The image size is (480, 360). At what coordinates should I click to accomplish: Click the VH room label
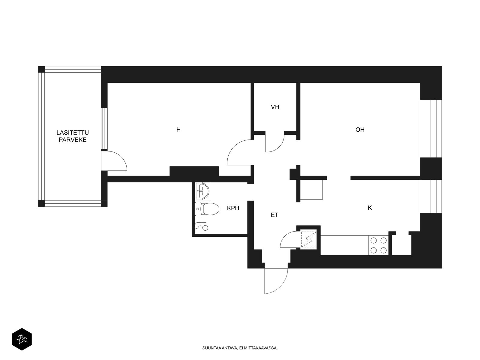(x=275, y=107)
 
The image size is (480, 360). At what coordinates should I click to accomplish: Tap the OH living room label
(x=360, y=130)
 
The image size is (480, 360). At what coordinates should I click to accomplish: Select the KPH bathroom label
(x=233, y=208)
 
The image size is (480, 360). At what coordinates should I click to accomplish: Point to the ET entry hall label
(x=274, y=215)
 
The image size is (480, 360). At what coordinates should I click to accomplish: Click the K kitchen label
(x=370, y=208)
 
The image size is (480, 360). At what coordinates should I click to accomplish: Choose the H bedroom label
(x=178, y=130)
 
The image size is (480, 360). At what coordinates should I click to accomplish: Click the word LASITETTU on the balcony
(x=73, y=133)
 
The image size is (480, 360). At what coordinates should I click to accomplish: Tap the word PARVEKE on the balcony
(x=73, y=140)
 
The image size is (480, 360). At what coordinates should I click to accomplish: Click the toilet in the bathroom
(x=207, y=209)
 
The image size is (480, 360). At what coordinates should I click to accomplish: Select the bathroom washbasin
(x=202, y=191)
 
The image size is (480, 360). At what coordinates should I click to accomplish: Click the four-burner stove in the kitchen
(x=379, y=245)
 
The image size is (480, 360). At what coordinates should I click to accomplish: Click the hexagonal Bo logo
(x=22, y=339)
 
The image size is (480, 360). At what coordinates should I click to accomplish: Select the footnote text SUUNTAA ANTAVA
(x=220, y=348)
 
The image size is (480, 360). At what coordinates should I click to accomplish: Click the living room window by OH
(x=431, y=128)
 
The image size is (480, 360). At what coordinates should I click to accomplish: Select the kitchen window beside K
(x=431, y=196)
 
